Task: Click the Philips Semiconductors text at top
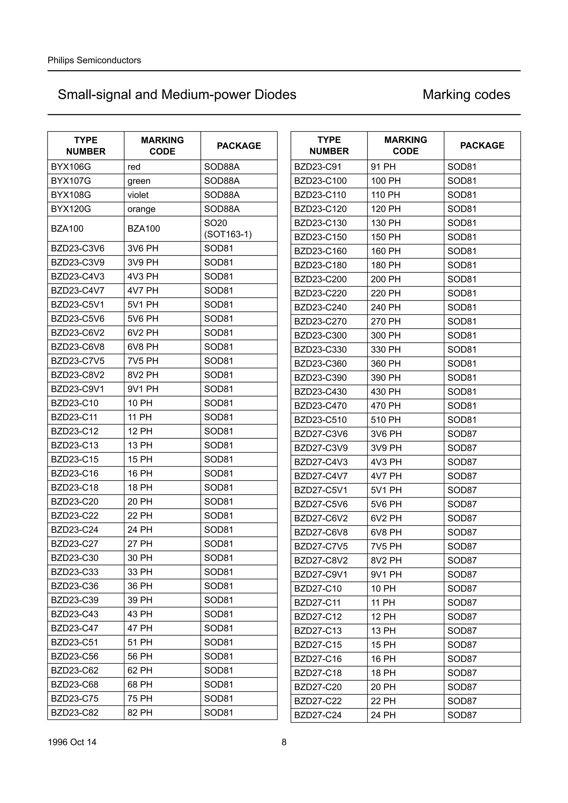(x=94, y=60)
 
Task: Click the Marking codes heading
(x=466, y=94)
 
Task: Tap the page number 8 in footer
(x=284, y=742)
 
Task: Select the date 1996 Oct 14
(x=72, y=742)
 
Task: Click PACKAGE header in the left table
(x=239, y=145)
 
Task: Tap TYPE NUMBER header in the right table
(x=329, y=145)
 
